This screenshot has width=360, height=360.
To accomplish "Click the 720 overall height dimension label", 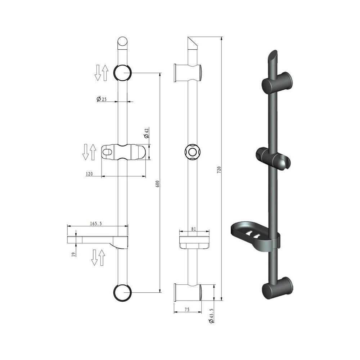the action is pos(219,170).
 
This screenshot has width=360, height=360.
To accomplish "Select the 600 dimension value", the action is pos(158,184).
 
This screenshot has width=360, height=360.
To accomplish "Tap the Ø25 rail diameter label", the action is pos(102,99).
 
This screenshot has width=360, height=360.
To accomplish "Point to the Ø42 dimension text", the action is pos(146,133).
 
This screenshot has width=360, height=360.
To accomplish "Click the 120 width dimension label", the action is pos(89,174).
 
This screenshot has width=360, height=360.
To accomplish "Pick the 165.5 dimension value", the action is pos(96,224).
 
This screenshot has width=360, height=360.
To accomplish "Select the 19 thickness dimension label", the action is pos(73,254).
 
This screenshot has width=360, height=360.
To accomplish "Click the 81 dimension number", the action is pos(194,229).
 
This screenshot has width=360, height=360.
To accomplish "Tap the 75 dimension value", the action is pos(187,310).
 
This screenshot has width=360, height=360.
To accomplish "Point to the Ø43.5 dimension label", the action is pos(211,316).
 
